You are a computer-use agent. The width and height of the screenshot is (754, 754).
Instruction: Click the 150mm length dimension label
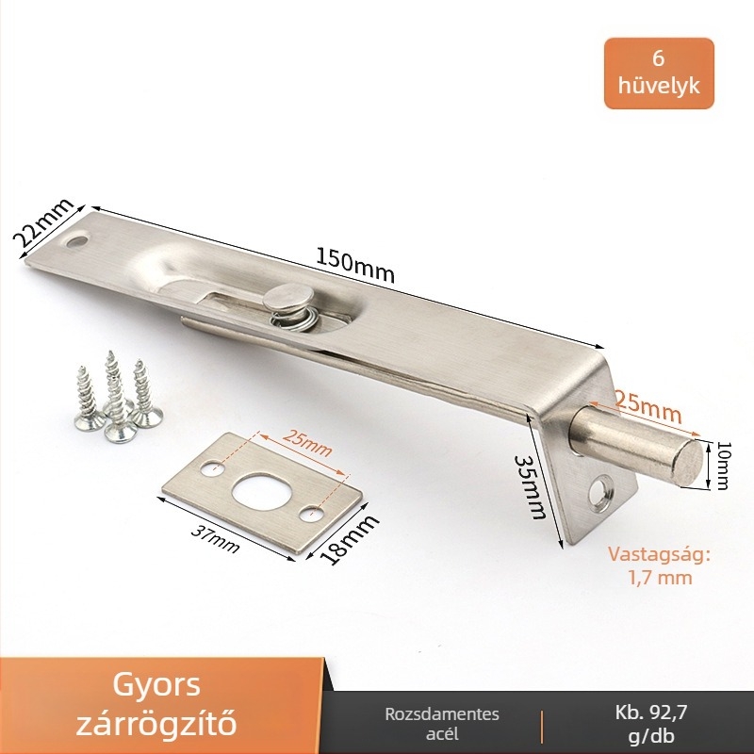tap(355, 265)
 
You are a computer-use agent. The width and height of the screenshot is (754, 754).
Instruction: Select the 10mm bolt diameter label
tap(721, 466)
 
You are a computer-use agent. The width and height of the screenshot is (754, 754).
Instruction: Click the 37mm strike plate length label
tap(215, 538)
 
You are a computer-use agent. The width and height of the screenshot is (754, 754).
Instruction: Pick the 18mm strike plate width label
tap(350, 538)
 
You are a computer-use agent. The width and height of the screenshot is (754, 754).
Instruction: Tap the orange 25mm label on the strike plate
tap(307, 442)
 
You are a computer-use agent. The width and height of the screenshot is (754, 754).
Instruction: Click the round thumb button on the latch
tap(287, 296)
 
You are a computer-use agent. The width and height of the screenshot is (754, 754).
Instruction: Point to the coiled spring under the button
tap(289, 319)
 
